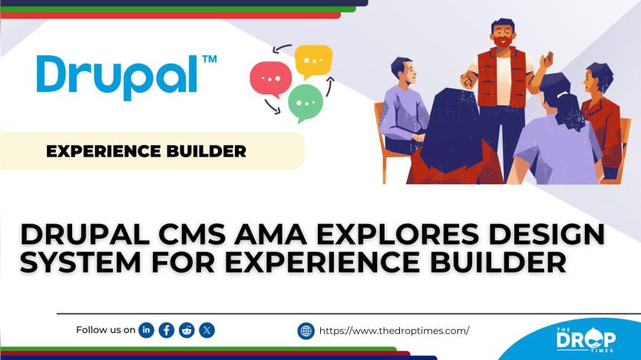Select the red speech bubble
coord(270,77)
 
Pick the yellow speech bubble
coord(313,60)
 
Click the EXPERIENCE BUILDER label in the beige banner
coord(146,151)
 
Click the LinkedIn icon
coord(146,330)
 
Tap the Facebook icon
coord(166,330)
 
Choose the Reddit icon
coord(187,330)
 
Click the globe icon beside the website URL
coord(306,331)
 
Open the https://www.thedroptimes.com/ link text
coord(393,331)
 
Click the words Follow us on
coord(106,330)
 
